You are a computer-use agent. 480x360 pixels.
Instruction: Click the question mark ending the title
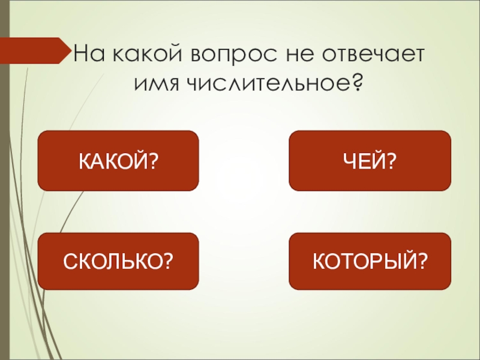click(356, 85)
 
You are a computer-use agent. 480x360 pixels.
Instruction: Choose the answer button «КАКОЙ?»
click(118, 161)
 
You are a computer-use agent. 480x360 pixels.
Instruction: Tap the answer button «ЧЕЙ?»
click(370, 161)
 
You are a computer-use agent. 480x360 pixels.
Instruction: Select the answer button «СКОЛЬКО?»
click(118, 261)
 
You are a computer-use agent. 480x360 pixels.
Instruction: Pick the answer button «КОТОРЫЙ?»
click(370, 261)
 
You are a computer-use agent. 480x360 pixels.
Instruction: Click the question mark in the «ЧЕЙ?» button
click(392, 161)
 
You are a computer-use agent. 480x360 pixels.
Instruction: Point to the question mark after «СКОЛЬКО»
click(169, 261)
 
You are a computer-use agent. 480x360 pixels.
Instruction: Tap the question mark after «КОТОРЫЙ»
click(422, 261)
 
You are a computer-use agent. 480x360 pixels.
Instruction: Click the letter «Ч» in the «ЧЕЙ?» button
click(353, 161)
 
